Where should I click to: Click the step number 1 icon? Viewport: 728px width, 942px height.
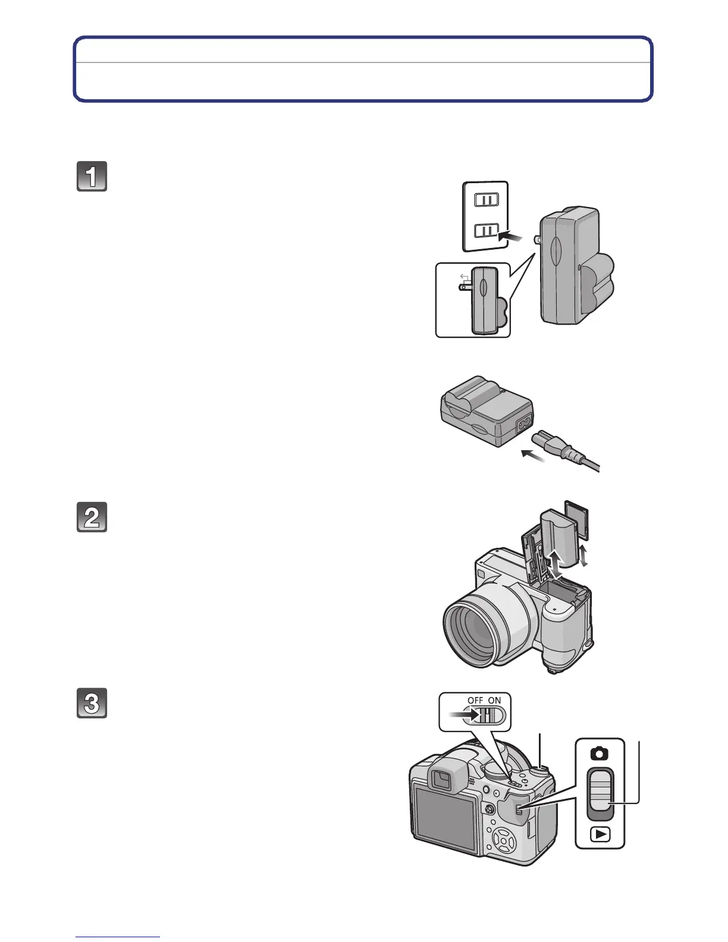(92, 177)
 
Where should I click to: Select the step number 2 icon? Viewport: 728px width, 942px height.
(92, 517)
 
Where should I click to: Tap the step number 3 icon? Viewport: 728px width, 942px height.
(92, 703)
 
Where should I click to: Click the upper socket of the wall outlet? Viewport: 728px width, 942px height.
(486, 200)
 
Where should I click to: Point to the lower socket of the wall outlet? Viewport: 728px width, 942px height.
(486, 230)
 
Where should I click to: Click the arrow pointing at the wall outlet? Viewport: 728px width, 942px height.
(511, 237)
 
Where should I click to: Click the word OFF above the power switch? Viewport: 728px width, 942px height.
(475, 701)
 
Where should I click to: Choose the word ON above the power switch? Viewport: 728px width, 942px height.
(495, 701)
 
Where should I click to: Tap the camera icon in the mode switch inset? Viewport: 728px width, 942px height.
(600, 754)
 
